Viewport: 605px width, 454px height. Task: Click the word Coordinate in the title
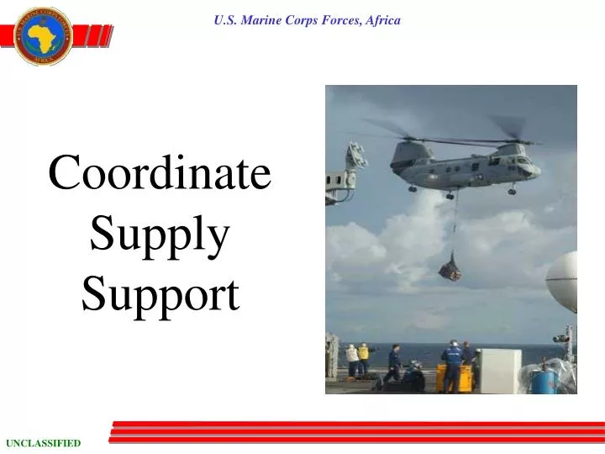[160, 174]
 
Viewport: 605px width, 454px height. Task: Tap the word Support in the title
[160, 294]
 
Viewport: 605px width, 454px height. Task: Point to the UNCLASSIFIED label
[44, 443]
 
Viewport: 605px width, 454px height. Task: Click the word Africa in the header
[381, 20]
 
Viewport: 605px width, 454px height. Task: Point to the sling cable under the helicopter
[455, 227]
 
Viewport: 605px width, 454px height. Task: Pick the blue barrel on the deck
[544, 381]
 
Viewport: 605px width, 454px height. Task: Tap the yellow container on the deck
[448, 377]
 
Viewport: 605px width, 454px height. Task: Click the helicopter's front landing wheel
[512, 191]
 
